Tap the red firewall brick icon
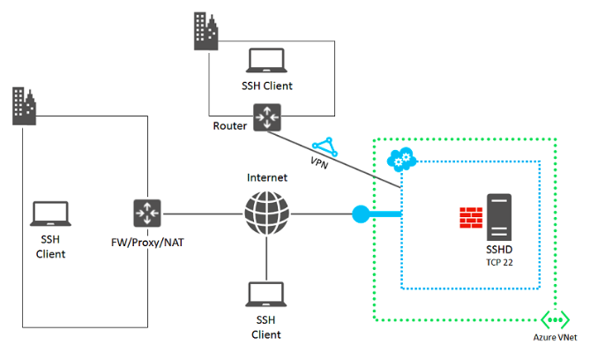[x=468, y=217]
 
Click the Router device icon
[x=266, y=117]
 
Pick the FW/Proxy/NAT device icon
[x=146, y=214]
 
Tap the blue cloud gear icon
[x=401, y=160]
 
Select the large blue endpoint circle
[x=360, y=214]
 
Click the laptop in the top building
[x=266, y=60]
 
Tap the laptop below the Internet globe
[x=266, y=294]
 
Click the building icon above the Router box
[x=205, y=32]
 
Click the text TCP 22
[x=500, y=262]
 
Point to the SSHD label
[x=500, y=251]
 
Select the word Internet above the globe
[x=266, y=177]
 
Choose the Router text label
[x=230, y=125]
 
